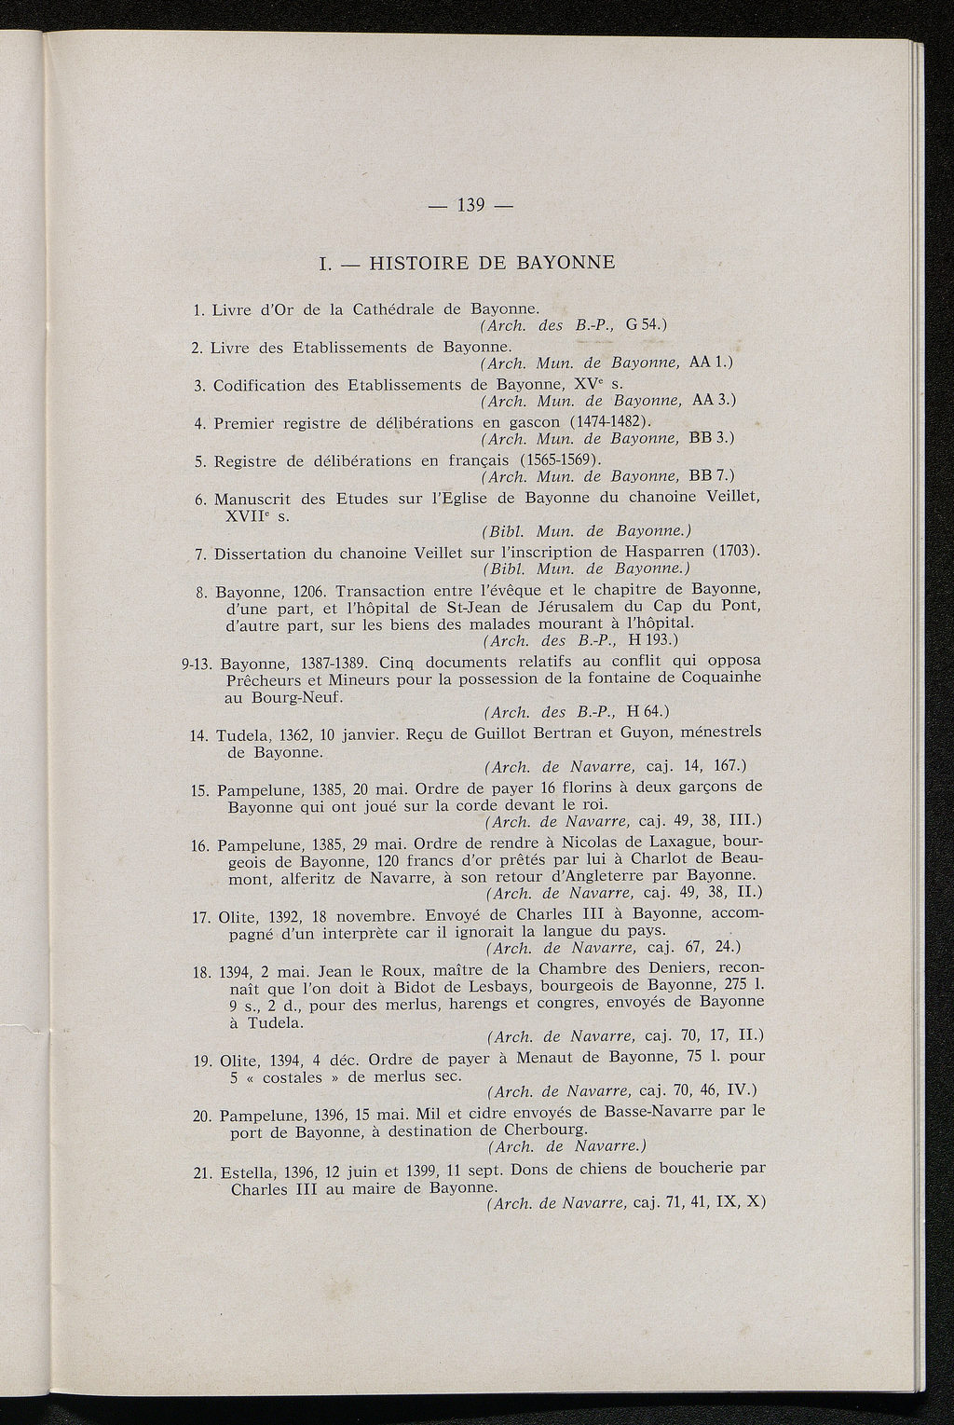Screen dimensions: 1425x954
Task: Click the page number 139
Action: (476, 206)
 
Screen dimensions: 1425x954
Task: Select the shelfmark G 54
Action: (643, 324)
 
